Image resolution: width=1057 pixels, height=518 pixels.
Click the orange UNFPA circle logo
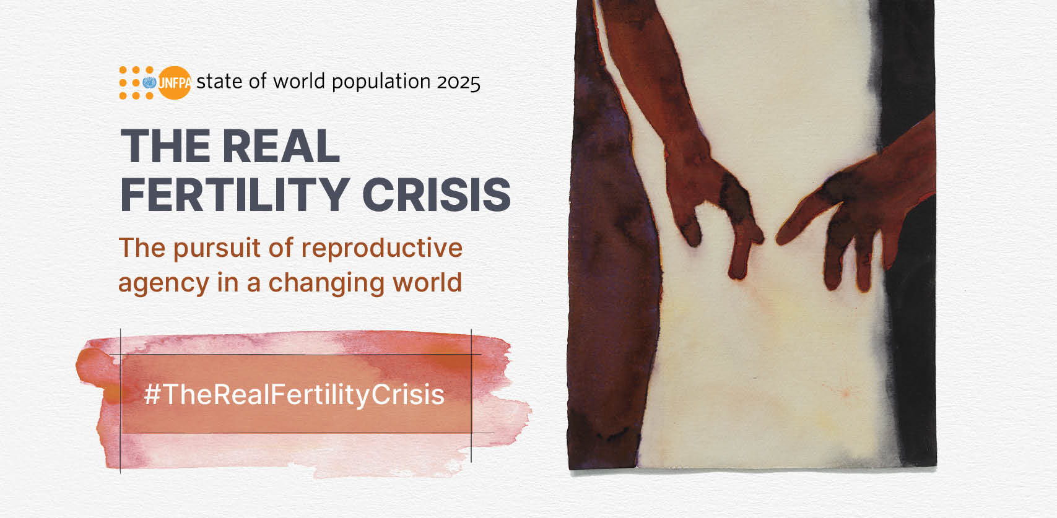[x=175, y=82]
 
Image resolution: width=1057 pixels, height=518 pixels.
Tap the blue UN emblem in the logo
[x=149, y=82]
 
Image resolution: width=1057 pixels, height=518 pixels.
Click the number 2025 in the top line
[x=458, y=82]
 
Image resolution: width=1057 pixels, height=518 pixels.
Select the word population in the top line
[x=381, y=82]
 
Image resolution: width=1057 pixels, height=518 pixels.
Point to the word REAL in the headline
[x=281, y=146]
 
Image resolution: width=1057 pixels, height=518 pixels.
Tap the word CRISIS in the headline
[x=437, y=195]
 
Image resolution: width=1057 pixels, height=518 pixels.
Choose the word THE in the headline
[x=165, y=146]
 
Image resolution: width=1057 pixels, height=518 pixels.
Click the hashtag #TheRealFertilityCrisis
[x=294, y=394]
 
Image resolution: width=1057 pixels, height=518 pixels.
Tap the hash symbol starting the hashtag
[x=152, y=394]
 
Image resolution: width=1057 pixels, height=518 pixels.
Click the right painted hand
[x=850, y=212]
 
